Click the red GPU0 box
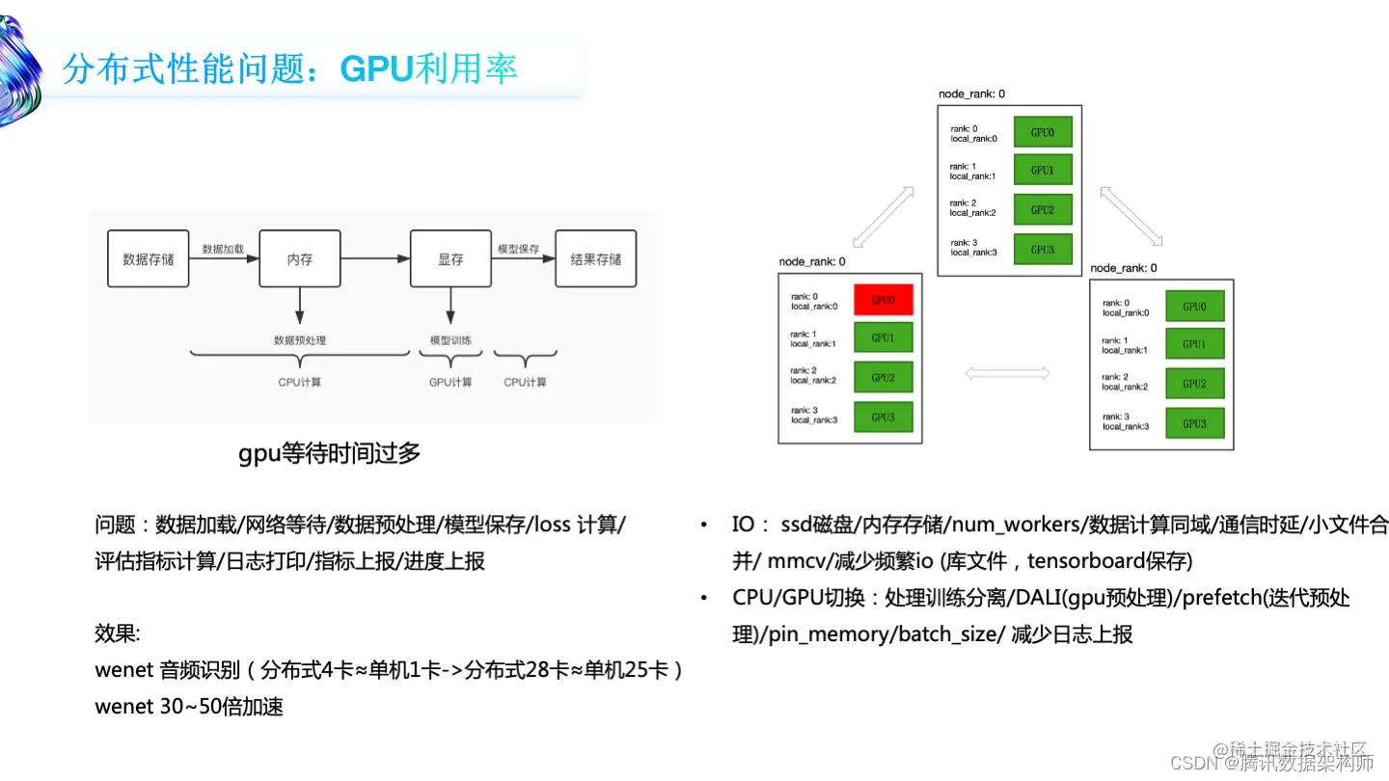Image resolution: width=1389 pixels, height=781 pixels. [x=883, y=300]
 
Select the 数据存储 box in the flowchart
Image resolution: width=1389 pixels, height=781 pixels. [x=148, y=258]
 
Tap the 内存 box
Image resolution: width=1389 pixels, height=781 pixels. [x=299, y=258]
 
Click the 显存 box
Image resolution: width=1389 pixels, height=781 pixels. [x=450, y=258]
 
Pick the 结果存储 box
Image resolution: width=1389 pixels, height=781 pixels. [x=595, y=258]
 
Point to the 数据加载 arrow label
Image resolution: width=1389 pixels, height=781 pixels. [x=223, y=249]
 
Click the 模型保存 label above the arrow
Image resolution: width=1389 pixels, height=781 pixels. [x=517, y=249]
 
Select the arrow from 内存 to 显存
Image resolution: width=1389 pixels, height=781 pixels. [x=374, y=258]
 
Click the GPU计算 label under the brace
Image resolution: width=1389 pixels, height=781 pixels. [x=450, y=382]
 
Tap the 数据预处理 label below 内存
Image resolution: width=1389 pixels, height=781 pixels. [x=299, y=340]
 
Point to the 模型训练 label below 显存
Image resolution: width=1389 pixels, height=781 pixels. [x=450, y=340]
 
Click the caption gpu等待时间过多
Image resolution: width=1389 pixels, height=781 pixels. [x=330, y=453]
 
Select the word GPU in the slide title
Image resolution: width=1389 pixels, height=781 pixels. [x=377, y=68]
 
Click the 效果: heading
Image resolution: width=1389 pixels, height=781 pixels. [x=118, y=633]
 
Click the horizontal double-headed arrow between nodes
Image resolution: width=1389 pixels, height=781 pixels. [x=1007, y=371]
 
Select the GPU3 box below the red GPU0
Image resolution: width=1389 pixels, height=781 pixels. [x=883, y=417]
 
